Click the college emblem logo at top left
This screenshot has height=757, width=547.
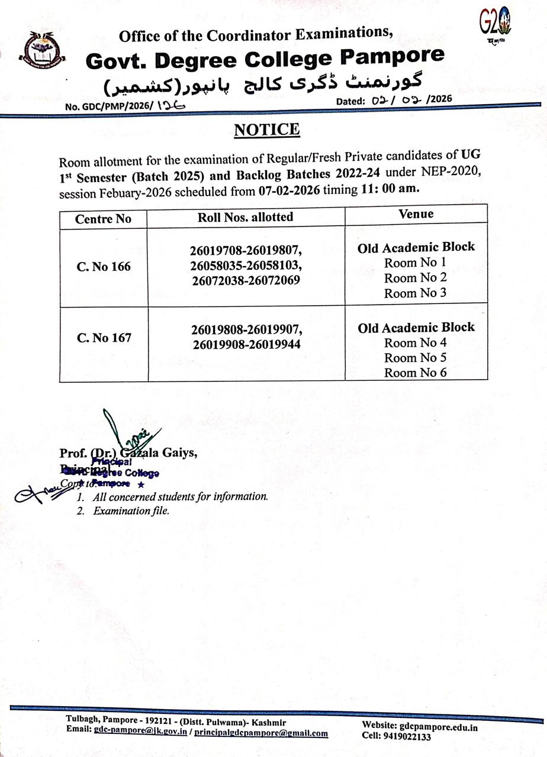[x=43, y=53]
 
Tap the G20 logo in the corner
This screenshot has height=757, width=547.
[x=495, y=24]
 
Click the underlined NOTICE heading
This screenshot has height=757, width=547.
[x=267, y=130]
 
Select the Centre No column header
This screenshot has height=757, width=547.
[x=103, y=219]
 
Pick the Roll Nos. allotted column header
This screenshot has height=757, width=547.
[x=245, y=217]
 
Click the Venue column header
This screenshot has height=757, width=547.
[x=416, y=214]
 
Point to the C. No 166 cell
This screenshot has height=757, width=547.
[x=104, y=267]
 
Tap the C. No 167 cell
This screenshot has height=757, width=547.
[x=104, y=338]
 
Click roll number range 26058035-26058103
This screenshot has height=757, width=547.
[x=246, y=266]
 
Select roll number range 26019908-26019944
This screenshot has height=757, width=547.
[x=246, y=343]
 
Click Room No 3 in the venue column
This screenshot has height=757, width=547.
[x=415, y=293]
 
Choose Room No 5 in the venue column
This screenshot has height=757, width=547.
[x=415, y=358]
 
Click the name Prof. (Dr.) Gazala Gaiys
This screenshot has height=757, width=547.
[x=128, y=453]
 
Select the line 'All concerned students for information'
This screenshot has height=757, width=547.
[x=180, y=497]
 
